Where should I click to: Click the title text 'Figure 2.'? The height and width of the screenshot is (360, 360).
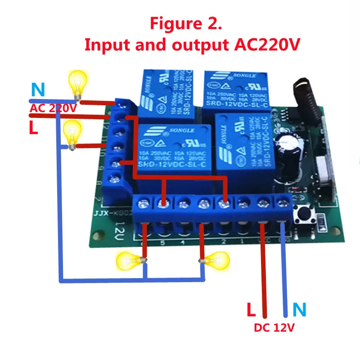pyautogui.click(x=185, y=23)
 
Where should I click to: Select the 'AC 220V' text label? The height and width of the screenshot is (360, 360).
pyautogui.click(x=53, y=108)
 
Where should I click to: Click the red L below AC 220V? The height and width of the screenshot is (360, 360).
pyautogui.click(x=34, y=128)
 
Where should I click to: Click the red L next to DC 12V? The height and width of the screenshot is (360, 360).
pyautogui.click(x=252, y=310)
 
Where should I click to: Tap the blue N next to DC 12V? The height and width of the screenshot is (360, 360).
pyautogui.click(x=299, y=310)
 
